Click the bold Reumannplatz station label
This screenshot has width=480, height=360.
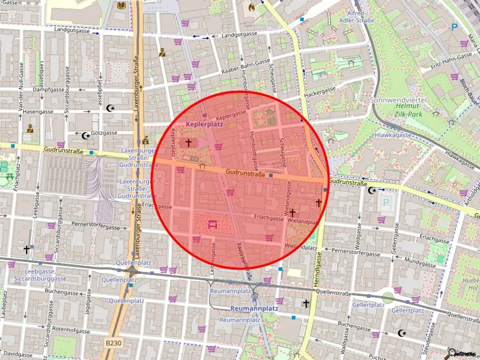(254, 308)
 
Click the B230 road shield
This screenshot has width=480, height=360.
(112, 344)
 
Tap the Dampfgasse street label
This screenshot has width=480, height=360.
(48, 89)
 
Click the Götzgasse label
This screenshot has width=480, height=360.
(104, 133)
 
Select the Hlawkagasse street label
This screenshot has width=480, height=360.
(393, 135)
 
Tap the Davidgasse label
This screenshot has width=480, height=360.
(16, 355)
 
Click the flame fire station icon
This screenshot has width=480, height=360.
(252, 8)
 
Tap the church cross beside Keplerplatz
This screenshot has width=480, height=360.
(188, 142)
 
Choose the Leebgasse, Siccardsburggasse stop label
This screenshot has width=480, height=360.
(40, 275)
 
